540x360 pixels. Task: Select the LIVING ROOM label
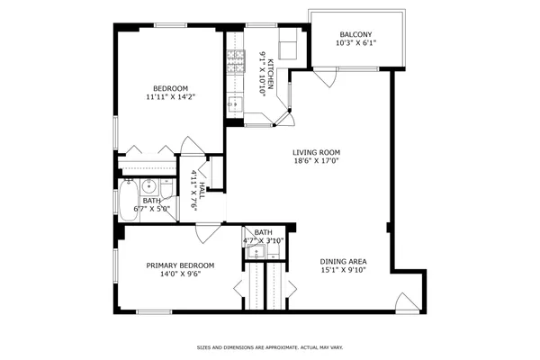[x=316, y=152]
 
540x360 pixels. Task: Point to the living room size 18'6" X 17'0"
[x=316, y=162]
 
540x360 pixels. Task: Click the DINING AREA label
[x=343, y=262]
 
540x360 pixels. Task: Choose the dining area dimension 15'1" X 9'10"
[x=343, y=272]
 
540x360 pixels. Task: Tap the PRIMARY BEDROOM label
[x=181, y=265]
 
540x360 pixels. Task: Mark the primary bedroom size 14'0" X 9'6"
[x=181, y=275]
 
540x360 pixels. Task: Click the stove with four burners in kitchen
[x=235, y=62]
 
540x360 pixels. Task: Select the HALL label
[x=202, y=191]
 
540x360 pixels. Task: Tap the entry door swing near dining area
[x=407, y=303]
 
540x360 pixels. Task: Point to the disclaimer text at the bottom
[x=270, y=346]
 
